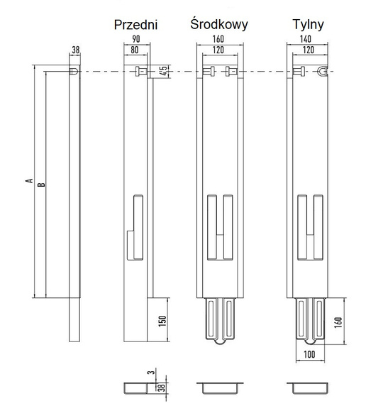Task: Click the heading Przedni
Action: pyautogui.click(x=135, y=26)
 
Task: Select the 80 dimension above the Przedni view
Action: pyautogui.click(x=135, y=51)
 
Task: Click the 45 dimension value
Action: pyautogui.click(x=163, y=71)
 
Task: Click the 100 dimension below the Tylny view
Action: pyautogui.click(x=309, y=353)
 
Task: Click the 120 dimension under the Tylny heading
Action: pyautogui.click(x=307, y=51)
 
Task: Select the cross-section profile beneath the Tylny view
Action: pyautogui.click(x=309, y=388)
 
